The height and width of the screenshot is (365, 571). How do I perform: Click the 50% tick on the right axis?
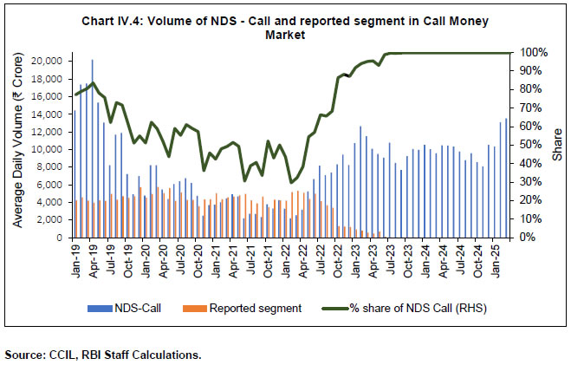(x=528, y=146)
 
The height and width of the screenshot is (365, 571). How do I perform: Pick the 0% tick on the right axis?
(x=524, y=238)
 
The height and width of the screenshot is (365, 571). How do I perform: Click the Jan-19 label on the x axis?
(x=75, y=257)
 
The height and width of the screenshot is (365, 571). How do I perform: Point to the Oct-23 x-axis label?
(x=407, y=257)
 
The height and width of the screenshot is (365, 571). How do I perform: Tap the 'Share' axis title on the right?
(x=556, y=146)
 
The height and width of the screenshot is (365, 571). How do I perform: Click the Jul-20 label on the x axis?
(x=180, y=257)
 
